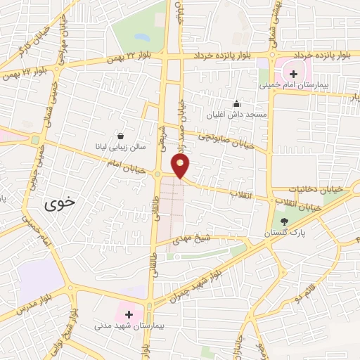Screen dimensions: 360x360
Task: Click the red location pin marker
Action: (x=181, y=165)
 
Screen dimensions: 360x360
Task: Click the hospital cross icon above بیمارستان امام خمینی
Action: (x=293, y=74)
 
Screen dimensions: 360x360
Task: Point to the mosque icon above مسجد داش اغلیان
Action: (x=236, y=103)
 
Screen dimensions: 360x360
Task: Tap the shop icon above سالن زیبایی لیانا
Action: (x=121, y=136)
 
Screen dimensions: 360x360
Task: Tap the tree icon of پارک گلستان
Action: (x=284, y=221)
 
